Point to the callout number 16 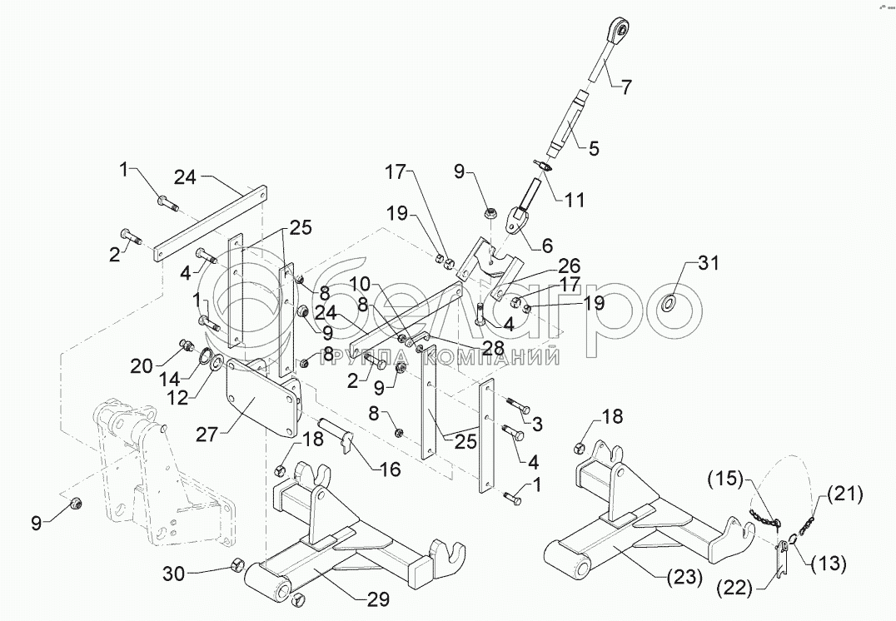coord(389,469)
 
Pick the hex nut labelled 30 coord(236,567)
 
